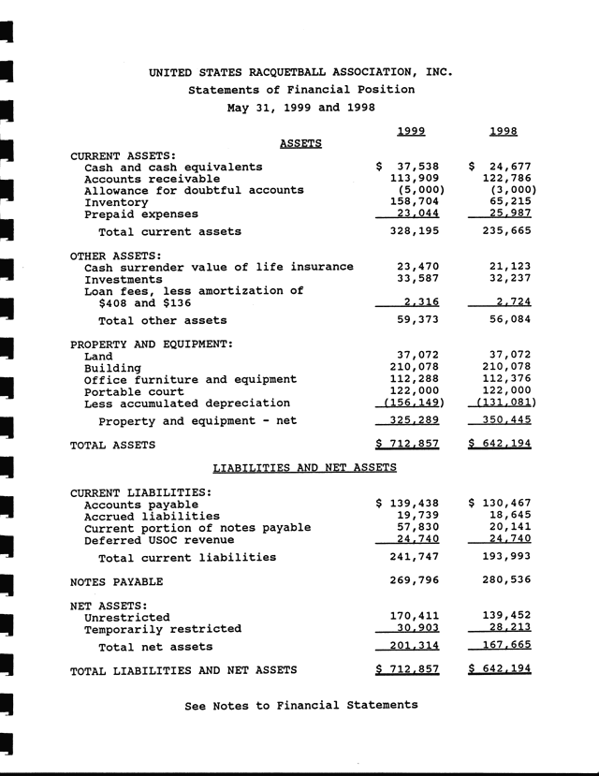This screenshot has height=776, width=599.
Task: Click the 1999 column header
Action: click(x=412, y=130)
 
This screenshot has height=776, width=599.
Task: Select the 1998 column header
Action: click(x=504, y=130)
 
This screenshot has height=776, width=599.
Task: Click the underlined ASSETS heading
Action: click(x=300, y=143)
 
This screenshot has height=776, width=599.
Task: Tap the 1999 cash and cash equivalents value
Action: click(x=408, y=167)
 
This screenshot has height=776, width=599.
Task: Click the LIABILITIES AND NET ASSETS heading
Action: click(x=305, y=466)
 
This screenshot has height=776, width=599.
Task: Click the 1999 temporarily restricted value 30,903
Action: click(x=418, y=629)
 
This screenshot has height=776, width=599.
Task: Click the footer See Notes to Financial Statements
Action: click(x=301, y=705)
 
